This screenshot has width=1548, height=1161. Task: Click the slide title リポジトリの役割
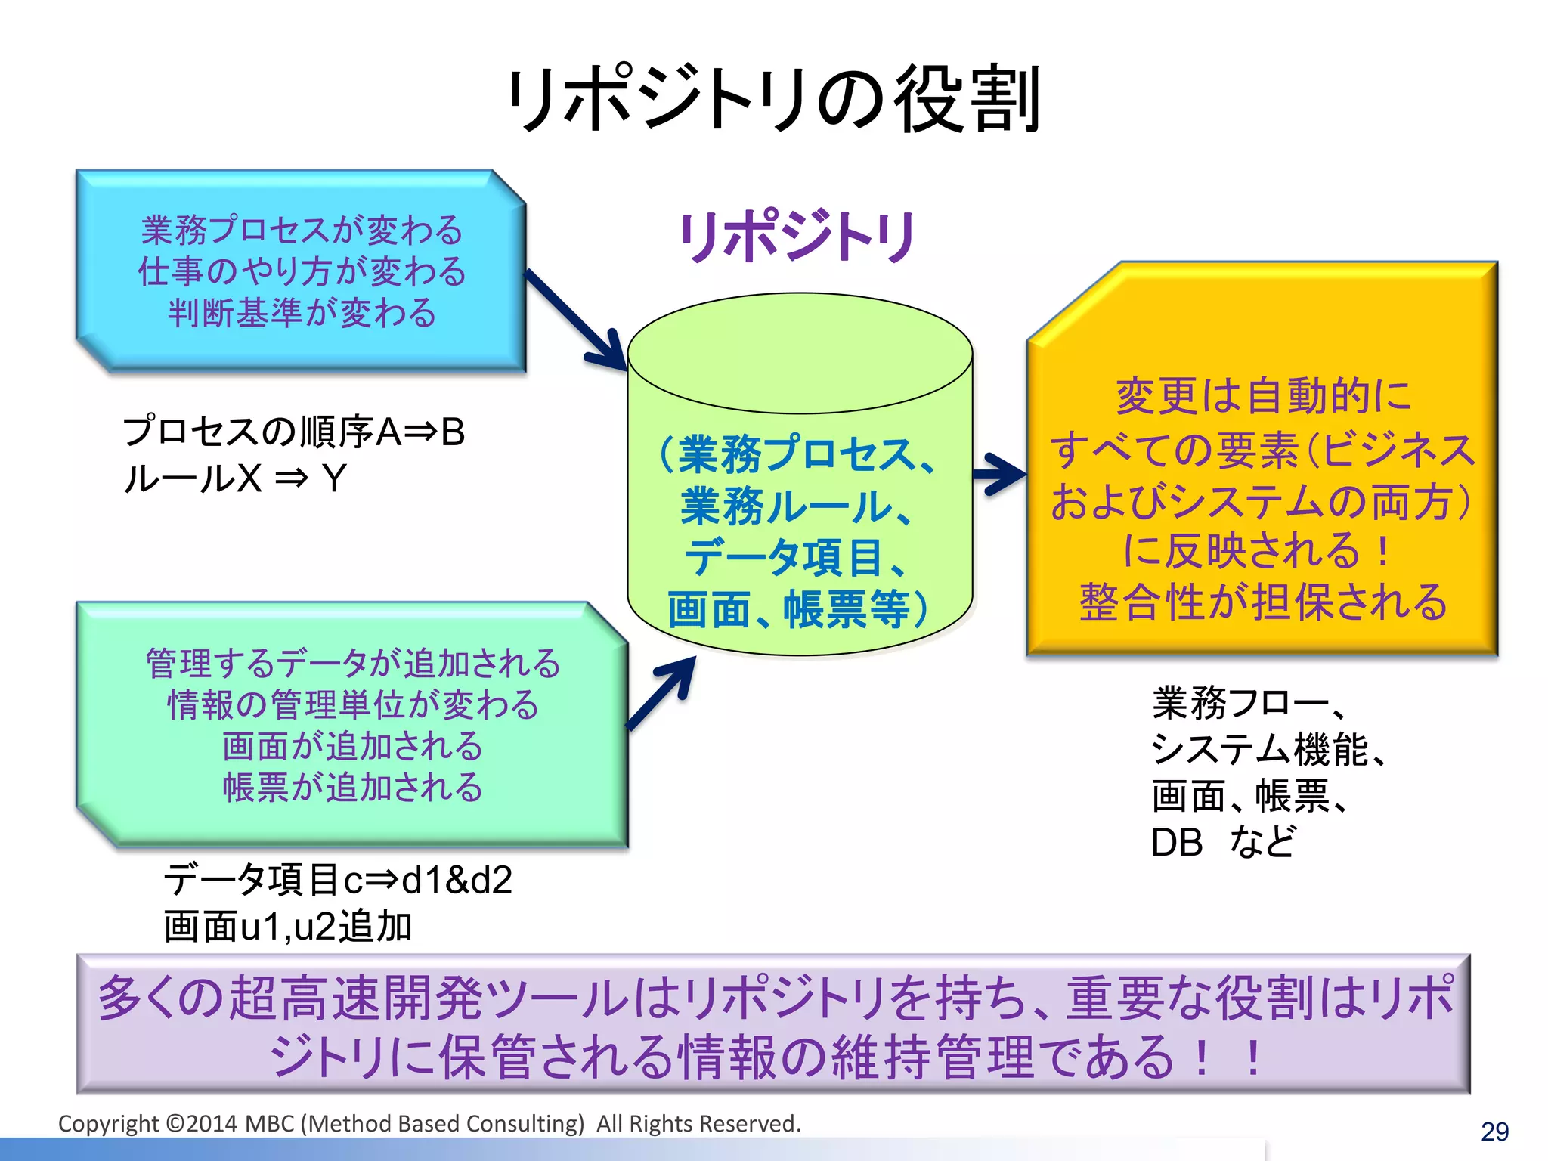point(775,100)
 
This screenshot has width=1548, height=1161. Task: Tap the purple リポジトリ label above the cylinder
point(797,237)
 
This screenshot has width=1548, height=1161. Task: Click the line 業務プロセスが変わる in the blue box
point(302,230)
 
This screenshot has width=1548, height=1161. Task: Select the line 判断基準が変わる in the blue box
point(302,312)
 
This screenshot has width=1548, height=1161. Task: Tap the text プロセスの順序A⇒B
point(293,432)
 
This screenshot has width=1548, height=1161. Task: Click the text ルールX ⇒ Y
point(234,478)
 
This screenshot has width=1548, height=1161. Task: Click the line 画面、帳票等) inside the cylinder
point(797,609)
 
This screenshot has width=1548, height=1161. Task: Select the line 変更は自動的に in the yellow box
point(1263,396)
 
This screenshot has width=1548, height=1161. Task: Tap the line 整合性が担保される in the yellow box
point(1263,602)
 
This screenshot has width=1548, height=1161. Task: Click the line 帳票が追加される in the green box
point(352,787)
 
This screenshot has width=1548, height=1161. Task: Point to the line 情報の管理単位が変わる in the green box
point(352,704)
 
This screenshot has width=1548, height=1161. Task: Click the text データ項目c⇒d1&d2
point(338,880)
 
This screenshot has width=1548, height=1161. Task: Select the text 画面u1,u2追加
point(287,927)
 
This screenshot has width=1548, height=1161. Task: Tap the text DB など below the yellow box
point(1222,842)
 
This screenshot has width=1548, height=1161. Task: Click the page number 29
point(1494,1132)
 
